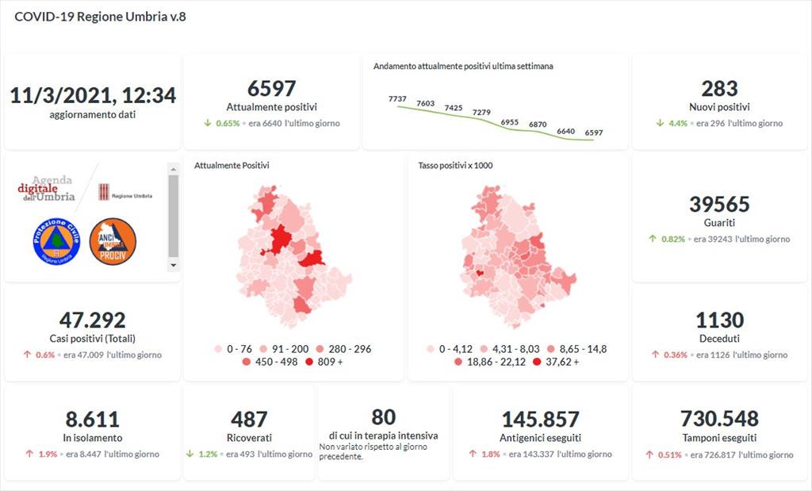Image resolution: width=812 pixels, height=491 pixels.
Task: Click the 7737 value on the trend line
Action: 397,98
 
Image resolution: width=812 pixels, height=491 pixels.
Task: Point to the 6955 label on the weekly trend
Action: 510,122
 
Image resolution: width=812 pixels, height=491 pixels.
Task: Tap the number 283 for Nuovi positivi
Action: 719,89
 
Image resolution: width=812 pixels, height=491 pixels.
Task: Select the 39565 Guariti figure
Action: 719,204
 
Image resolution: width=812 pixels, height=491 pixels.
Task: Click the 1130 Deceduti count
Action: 719,320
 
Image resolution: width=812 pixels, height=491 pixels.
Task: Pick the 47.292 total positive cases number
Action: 93,320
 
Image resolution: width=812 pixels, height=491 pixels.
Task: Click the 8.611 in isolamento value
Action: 93,419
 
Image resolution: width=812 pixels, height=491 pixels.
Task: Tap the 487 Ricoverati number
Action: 249,419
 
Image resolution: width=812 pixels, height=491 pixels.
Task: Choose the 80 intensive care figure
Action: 383,416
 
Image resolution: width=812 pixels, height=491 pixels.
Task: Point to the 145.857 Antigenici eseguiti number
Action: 541,419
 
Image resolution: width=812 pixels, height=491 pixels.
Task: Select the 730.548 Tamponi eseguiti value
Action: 719,418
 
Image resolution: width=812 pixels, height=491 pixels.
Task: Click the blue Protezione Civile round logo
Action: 56,241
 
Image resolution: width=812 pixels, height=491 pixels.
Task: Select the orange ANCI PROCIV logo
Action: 113,241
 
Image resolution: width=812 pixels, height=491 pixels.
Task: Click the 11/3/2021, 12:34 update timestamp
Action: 93,96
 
